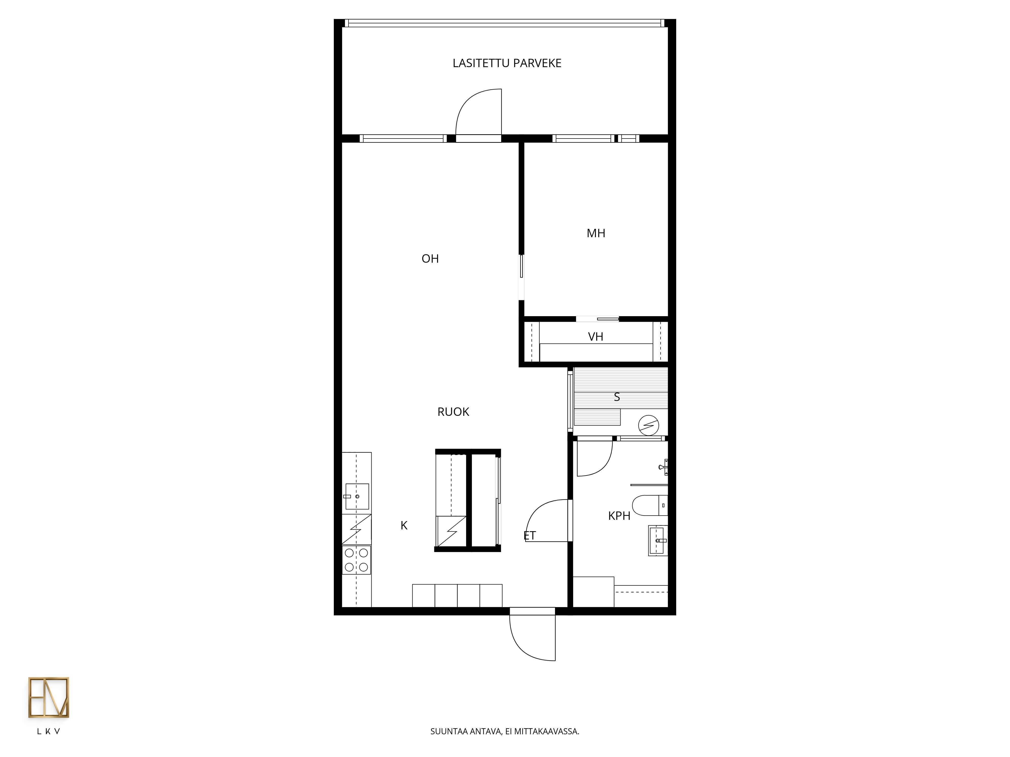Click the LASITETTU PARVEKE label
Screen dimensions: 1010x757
click(x=507, y=63)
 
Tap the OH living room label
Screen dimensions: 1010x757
click(x=430, y=259)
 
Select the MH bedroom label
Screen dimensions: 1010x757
click(x=596, y=233)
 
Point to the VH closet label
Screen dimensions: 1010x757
click(x=595, y=337)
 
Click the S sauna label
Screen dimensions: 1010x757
click(x=617, y=397)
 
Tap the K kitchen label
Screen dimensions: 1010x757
click(x=404, y=526)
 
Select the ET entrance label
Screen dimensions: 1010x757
click(x=530, y=536)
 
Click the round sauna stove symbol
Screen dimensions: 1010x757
click(x=648, y=425)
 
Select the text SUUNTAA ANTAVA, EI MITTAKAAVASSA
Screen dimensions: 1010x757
click(x=504, y=732)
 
